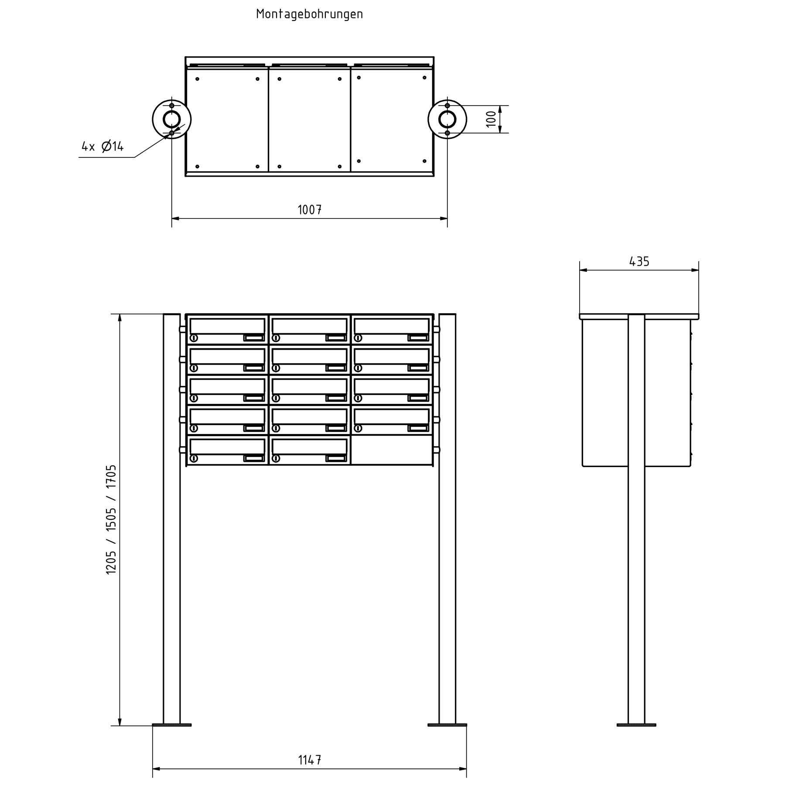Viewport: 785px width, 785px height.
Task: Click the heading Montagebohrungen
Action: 309,14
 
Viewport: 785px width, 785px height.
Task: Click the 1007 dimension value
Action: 310,210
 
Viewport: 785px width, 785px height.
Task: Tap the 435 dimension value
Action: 639,262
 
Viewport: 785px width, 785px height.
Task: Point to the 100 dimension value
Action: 491,119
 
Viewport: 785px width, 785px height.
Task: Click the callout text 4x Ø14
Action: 102,147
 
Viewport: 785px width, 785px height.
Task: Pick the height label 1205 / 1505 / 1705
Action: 111,519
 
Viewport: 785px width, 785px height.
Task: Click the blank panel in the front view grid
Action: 392,450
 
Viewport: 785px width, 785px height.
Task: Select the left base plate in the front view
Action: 172,725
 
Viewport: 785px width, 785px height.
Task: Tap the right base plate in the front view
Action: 447,725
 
